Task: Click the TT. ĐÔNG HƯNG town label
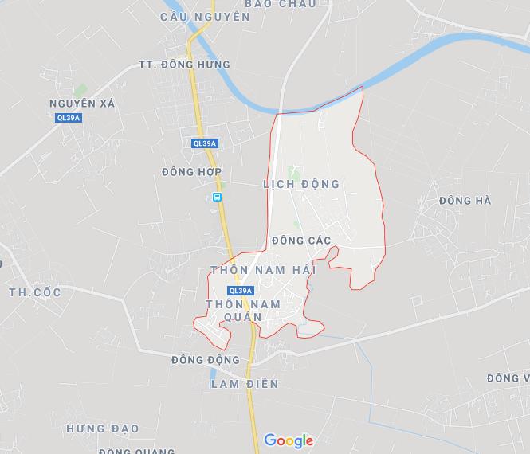184,65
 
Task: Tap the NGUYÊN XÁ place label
82,104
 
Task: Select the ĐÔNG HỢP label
191,172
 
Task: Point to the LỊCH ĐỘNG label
301,184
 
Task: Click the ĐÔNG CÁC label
300,241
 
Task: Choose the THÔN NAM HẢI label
263,271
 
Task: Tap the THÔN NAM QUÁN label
242,311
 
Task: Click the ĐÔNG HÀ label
465,201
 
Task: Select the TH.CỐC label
34,292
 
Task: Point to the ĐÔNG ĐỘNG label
205,360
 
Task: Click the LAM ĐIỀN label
245,384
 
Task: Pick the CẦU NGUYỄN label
205,16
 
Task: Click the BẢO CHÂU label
281,4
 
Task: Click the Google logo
289,440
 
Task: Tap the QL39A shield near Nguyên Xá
69,118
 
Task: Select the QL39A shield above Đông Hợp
205,143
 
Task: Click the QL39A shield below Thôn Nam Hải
239,291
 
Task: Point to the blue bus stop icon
218,197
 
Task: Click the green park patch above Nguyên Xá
80,91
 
